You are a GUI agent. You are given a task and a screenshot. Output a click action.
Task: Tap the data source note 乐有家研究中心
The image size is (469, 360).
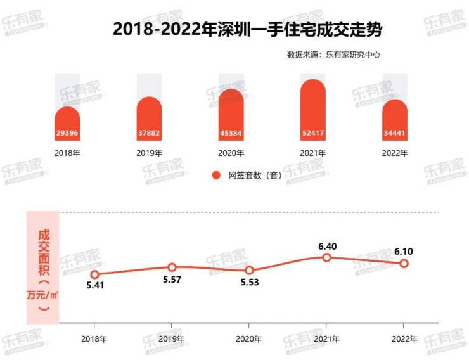334,55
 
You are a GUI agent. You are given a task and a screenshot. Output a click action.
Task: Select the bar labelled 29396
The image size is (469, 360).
68,124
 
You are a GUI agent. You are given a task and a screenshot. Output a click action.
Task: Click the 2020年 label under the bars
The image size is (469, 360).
231,153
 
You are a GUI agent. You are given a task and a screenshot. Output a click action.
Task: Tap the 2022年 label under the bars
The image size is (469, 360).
395,153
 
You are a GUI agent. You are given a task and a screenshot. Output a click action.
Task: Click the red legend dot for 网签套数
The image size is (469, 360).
216,175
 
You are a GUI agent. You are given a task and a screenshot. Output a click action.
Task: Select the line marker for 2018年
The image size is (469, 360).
94,274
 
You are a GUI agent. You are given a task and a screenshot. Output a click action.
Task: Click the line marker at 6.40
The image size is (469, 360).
326,257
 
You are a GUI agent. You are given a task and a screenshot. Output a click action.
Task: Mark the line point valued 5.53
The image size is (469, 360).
249,270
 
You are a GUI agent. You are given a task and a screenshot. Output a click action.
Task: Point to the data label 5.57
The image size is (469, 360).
172,280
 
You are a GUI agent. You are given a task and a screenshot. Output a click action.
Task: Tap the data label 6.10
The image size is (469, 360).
403,252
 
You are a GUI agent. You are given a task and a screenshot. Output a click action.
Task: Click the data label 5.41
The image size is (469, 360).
94,286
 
